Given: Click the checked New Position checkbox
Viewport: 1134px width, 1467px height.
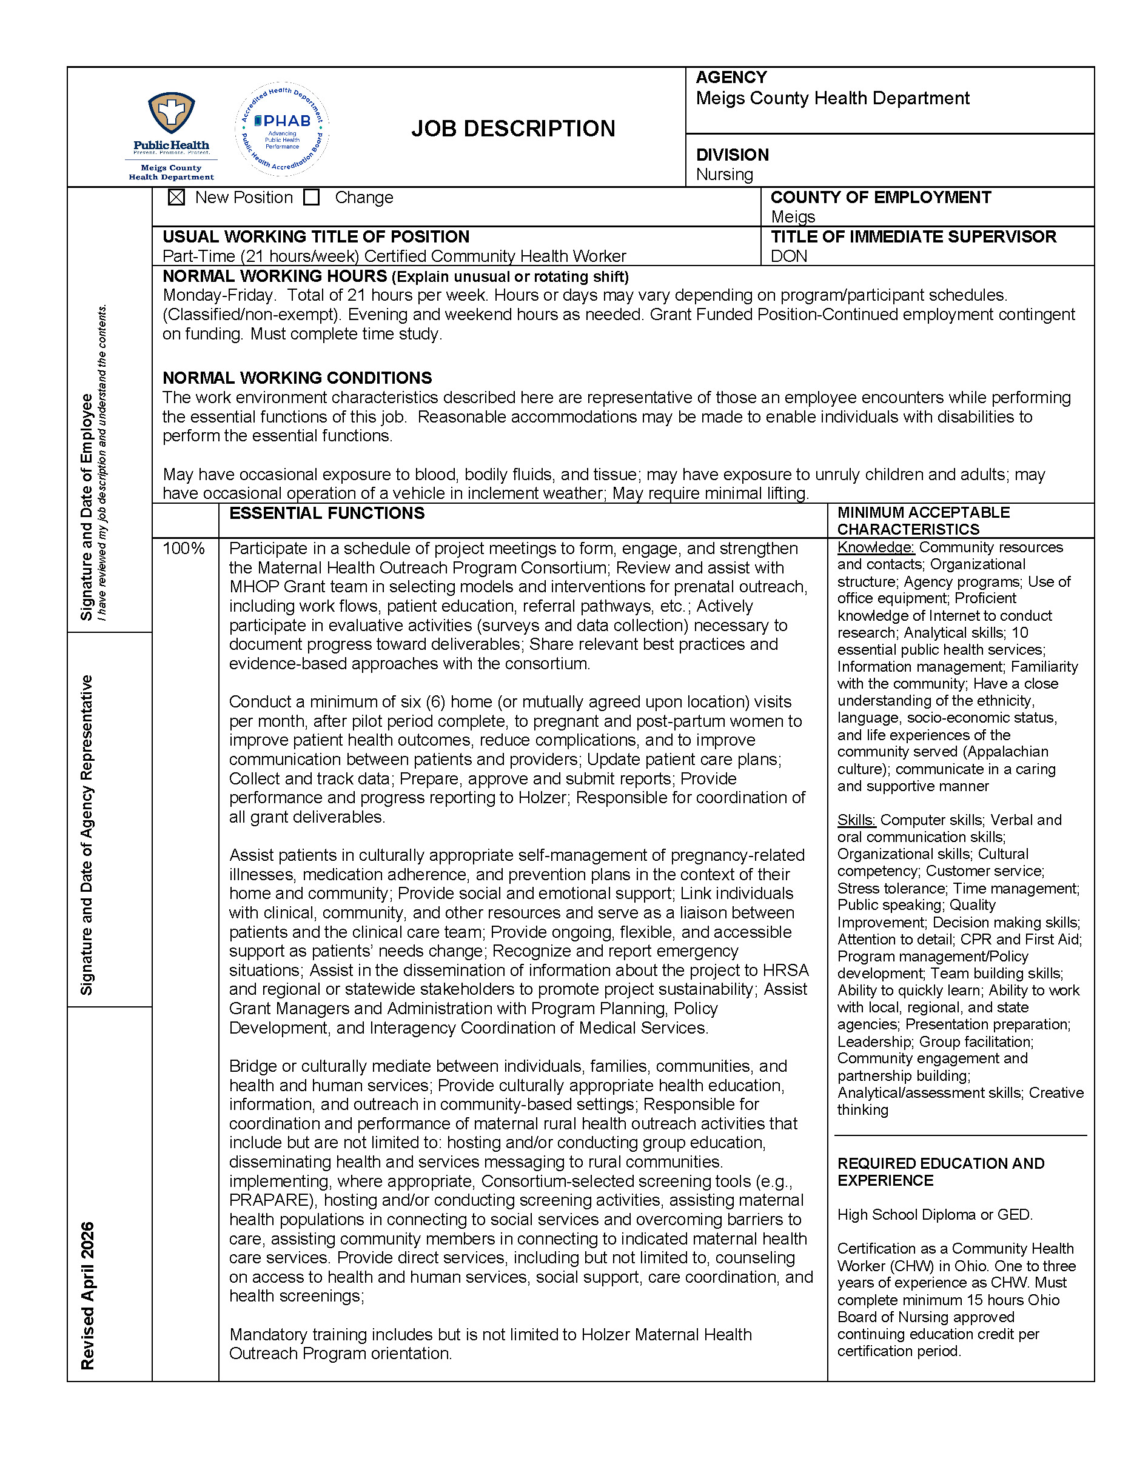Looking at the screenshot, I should click(176, 198).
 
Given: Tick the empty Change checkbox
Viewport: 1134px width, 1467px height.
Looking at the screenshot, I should click(311, 198).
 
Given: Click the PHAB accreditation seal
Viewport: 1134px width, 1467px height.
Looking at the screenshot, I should click(282, 129).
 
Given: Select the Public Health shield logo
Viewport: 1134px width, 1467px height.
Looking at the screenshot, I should click(171, 114).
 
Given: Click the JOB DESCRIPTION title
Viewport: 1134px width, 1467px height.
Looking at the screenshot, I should click(512, 129).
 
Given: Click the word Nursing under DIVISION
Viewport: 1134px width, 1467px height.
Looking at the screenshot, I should click(724, 175).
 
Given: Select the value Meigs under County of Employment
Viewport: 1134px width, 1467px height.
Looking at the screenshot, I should click(793, 217).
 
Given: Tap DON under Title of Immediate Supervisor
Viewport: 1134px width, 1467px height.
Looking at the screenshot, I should click(789, 256).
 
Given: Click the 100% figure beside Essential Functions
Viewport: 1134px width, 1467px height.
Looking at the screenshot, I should click(183, 549).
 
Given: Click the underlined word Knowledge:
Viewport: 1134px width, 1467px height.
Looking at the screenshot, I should click(875, 547).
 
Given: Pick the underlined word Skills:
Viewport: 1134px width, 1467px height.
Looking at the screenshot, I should click(856, 820).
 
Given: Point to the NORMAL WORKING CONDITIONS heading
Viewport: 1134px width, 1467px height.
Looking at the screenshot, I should click(297, 378).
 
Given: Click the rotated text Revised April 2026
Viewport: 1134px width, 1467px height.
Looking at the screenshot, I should click(87, 1295).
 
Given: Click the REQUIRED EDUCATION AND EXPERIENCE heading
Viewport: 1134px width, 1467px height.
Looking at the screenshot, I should click(941, 1172).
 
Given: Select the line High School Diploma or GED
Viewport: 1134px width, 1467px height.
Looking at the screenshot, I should click(934, 1214).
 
